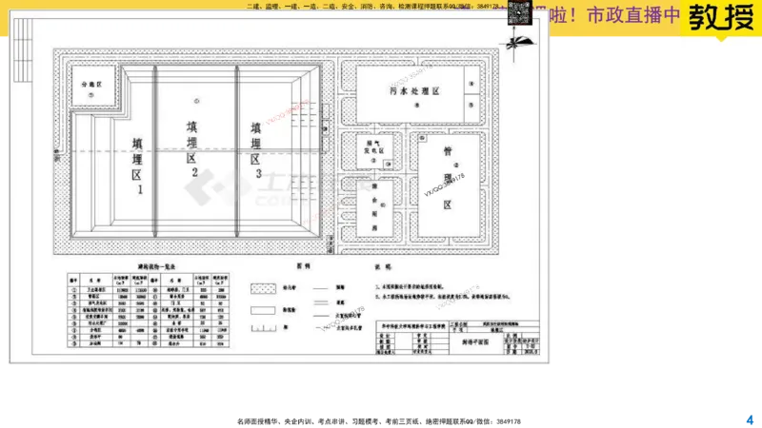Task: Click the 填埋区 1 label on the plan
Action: click(139, 166)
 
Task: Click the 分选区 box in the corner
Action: click(96, 85)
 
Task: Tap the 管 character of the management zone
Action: click(447, 153)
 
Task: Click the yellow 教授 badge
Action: click(719, 18)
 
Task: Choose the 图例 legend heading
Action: click(304, 267)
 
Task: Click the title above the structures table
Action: click(146, 267)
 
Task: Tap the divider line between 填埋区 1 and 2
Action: click(155, 152)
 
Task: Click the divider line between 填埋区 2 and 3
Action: click(236, 152)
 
